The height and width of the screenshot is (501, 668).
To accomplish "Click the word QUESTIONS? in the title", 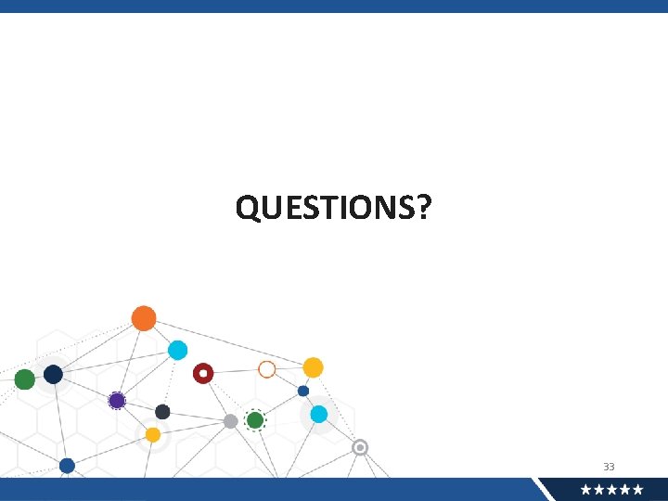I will (x=333, y=208).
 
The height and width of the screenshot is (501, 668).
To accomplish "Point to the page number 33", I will (x=609, y=467).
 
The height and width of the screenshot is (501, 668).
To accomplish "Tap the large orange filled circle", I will (x=144, y=318).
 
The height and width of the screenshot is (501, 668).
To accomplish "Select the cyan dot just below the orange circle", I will (x=177, y=350).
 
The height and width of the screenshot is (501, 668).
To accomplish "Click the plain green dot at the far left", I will (x=25, y=379).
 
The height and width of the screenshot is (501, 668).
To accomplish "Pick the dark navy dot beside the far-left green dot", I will (x=53, y=374).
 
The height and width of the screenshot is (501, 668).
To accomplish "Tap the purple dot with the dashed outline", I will (x=117, y=401).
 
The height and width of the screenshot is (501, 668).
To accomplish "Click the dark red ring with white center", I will (x=203, y=373).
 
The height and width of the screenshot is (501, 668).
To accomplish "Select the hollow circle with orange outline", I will (x=267, y=369).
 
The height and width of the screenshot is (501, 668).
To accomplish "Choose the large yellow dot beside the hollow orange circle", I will (x=314, y=367).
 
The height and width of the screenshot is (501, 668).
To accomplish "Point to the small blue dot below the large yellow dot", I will (x=303, y=391).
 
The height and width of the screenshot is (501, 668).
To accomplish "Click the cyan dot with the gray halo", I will (x=319, y=414).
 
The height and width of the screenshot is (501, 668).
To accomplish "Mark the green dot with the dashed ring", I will (x=255, y=420).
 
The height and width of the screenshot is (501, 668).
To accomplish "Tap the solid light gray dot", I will (x=230, y=421).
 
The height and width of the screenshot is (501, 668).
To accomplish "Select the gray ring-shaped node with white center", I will (x=360, y=447).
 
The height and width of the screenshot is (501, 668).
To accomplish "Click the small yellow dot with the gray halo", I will (x=153, y=434).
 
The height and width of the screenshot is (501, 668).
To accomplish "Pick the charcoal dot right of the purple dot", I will (x=162, y=412).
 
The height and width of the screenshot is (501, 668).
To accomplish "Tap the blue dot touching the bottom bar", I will (x=67, y=466).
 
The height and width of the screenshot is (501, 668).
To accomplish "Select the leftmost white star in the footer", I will (x=586, y=490).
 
